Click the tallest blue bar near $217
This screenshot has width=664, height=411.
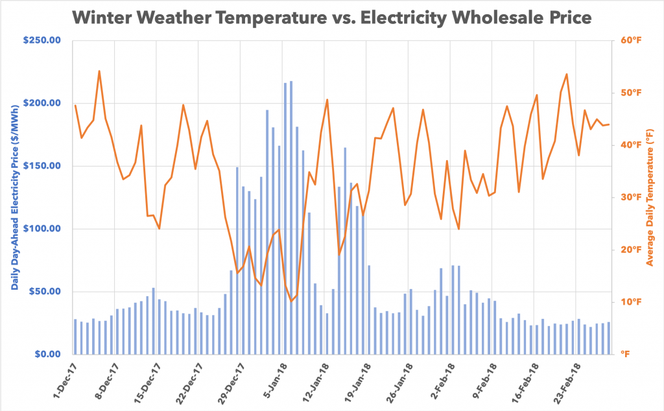[x=291, y=218]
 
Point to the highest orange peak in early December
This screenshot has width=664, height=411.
[x=99, y=71]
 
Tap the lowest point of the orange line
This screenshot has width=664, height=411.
[x=291, y=301]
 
